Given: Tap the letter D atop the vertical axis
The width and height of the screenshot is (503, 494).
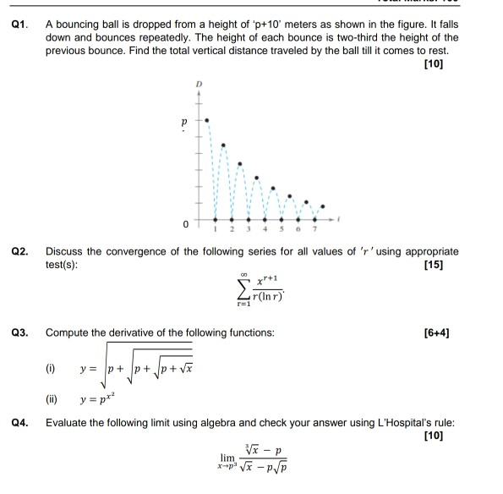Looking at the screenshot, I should pos(200,85).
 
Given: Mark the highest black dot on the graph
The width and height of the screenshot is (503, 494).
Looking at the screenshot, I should pos(208,121).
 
